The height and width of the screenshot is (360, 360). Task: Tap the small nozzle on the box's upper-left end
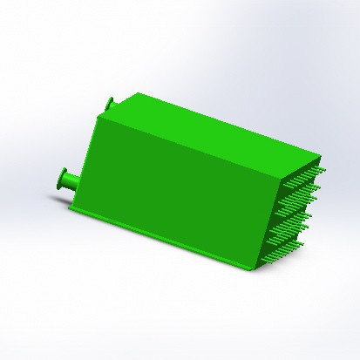point(111,104)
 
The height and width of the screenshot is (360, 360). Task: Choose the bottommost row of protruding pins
point(277,253)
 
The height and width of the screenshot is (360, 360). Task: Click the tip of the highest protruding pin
point(325,166)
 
